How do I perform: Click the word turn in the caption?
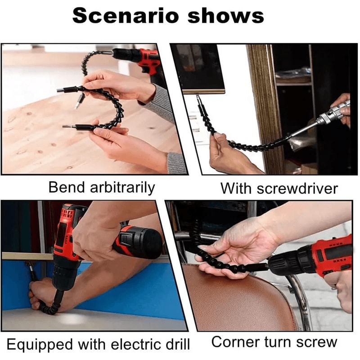click(284, 342)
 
